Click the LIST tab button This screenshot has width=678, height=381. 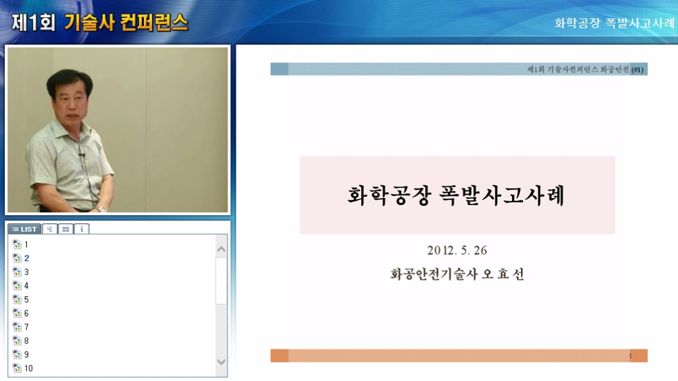(x=24, y=229)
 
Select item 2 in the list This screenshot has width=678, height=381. (x=27, y=258)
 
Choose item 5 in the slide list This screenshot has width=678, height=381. (x=27, y=299)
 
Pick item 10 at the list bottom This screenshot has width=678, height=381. (x=28, y=368)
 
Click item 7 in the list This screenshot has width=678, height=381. (x=27, y=327)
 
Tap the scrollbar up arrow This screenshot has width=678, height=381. (x=221, y=249)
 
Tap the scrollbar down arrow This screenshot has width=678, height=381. (x=221, y=361)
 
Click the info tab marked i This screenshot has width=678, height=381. (x=82, y=229)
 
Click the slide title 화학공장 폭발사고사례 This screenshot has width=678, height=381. (x=457, y=195)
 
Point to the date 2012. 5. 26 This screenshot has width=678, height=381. (x=457, y=250)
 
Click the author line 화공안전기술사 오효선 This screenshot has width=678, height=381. (x=457, y=274)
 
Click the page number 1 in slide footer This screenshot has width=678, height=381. (x=630, y=356)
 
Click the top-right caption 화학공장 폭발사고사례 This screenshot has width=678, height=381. (x=614, y=23)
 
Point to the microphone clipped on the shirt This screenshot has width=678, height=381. (x=82, y=157)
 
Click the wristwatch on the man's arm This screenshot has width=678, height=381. (x=101, y=208)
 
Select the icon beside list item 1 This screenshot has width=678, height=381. (x=16, y=245)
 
